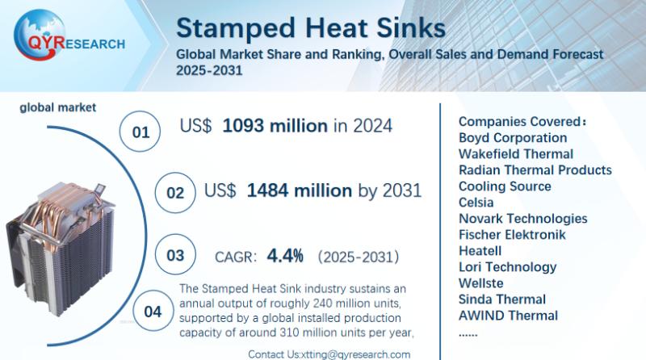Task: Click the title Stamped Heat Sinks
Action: coord(310,27)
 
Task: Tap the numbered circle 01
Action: coord(141,132)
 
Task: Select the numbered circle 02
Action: coord(176,194)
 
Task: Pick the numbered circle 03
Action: coord(176,256)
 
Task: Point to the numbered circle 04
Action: coord(153,312)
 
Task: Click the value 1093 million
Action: coord(275,126)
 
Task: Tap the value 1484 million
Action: coord(299,191)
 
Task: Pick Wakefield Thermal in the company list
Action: coord(516,154)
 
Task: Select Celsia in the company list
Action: coord(476,203)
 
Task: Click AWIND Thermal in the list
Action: coord(508,316)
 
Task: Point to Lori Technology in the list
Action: coord(507,267)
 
